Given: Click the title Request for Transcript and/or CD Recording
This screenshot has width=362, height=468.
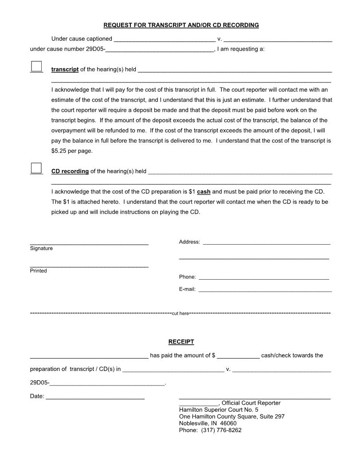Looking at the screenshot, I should click(181, 25).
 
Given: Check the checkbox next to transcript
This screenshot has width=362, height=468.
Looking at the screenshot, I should click(36, 66).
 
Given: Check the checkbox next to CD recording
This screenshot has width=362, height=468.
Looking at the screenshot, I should click(36, 168).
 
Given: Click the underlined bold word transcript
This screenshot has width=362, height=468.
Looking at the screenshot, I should click(65, 70).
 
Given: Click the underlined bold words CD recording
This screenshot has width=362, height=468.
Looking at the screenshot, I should click(70, 171).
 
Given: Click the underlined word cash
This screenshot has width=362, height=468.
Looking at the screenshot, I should click(204, 191).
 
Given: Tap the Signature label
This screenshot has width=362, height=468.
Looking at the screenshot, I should click(41, 249).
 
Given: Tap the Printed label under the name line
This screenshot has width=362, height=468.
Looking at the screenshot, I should click(38, 271).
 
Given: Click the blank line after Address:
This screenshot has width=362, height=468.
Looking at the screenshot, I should click(266, 242).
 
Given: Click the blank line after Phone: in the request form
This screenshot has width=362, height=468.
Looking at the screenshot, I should click(264, 277).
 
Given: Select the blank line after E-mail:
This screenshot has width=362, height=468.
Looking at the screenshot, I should click(265, 289).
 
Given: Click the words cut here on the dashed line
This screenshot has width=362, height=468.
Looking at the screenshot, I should click(180, 313).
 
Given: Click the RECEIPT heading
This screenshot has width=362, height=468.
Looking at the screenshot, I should click(181, 342).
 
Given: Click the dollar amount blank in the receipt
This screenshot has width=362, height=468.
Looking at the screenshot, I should click(238, 355).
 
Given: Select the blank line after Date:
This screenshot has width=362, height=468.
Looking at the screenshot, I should click(95, 397).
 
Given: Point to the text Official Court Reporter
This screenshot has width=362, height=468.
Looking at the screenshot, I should click(251, 403).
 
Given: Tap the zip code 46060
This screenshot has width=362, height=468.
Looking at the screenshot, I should click(228, 423).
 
